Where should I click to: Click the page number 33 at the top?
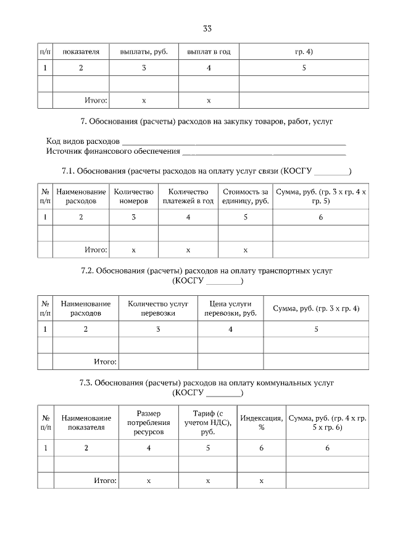(x=207, y=28)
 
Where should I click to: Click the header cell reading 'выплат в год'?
(x=209, y=51)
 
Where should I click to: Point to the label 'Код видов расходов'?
(x=83, y=141)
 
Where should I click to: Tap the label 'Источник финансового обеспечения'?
(x=113, y=151)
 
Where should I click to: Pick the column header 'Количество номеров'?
(x=134, y=196)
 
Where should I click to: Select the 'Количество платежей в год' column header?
(x=188, y=196)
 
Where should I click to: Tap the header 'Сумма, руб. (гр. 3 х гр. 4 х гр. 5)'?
(x=320, y=196)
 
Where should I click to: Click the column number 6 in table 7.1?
(x=320, y=217)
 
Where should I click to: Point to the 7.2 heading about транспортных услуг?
(x=208, y=276)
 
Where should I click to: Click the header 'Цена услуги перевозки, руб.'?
(x=230, y=308)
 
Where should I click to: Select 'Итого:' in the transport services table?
(x=105, y=361)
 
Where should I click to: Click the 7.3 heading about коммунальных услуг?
(x=208, y=388)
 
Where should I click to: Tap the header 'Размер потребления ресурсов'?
(x=148, y=422)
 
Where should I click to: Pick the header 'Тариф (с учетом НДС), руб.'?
(x=207, y=422)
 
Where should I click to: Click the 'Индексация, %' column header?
(x=262, y=422)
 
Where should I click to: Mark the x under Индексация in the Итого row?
(x=262, y=480)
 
